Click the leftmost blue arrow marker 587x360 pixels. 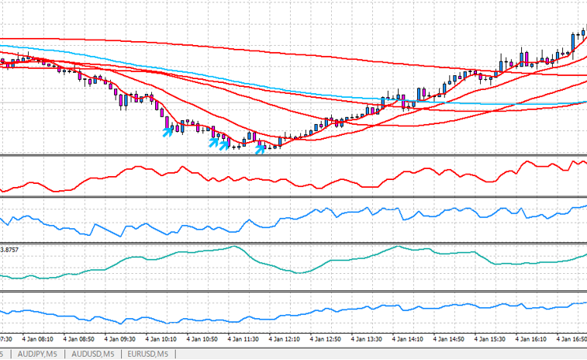point(167,132)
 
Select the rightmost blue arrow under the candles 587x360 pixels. point(261,144)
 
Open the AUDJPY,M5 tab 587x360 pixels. point(37,354)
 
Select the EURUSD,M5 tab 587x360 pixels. point(147,354)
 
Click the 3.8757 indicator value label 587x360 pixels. point(10,249)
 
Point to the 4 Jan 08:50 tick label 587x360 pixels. point(79,339)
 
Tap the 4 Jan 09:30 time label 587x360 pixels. point(120,339)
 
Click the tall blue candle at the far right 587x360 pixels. point(573,41)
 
